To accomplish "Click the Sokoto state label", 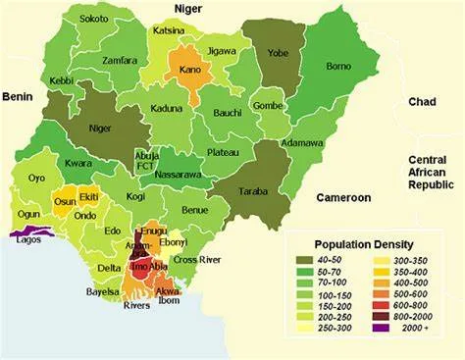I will tap(94, 19).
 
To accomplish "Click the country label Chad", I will tap(422, 102).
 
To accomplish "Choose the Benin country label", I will tap(18, 96).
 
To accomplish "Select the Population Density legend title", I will tap(363, 243).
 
